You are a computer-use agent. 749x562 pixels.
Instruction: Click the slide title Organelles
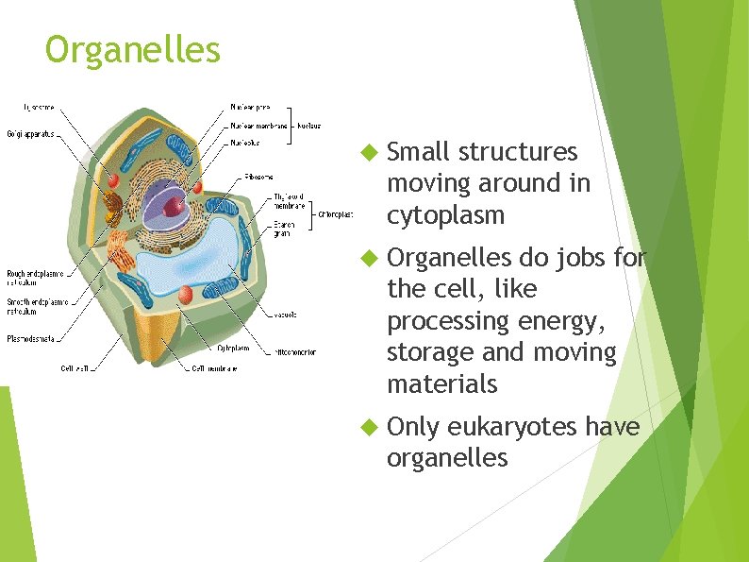pos(132,49)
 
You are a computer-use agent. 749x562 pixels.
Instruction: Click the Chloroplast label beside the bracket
pos(336,213)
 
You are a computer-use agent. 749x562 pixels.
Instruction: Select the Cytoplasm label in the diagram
pos(234,348)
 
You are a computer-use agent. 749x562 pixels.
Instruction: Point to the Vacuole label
pos(286,315)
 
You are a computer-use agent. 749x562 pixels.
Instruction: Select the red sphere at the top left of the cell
pos(113,178)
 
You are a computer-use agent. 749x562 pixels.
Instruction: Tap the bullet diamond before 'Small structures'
pos(369,152)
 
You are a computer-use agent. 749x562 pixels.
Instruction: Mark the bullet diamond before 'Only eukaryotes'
pos(369,428)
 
